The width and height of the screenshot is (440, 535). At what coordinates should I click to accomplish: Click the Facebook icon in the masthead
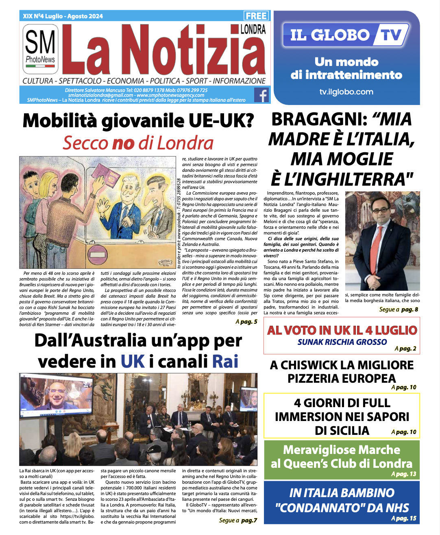(x=261, y=95)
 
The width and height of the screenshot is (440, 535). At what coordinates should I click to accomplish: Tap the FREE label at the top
(x=256, y=16)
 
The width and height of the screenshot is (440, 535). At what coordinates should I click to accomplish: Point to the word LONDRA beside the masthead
(x=253, y=29)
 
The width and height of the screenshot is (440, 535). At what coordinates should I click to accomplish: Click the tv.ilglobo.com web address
(x=346, y=92)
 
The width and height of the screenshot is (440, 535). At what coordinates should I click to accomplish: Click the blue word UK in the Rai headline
(x=133, y=362)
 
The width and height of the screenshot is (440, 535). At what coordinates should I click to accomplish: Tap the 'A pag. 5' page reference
(x=246, y=322)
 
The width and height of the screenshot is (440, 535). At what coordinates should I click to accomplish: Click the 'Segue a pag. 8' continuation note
(x=399, y=309)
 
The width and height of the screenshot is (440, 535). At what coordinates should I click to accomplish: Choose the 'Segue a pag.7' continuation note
(x=238, y=520)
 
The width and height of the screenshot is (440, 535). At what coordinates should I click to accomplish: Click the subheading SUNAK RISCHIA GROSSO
(x=342, y=342)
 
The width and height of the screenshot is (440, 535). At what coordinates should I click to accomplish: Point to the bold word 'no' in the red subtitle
(x=123, y=143)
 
